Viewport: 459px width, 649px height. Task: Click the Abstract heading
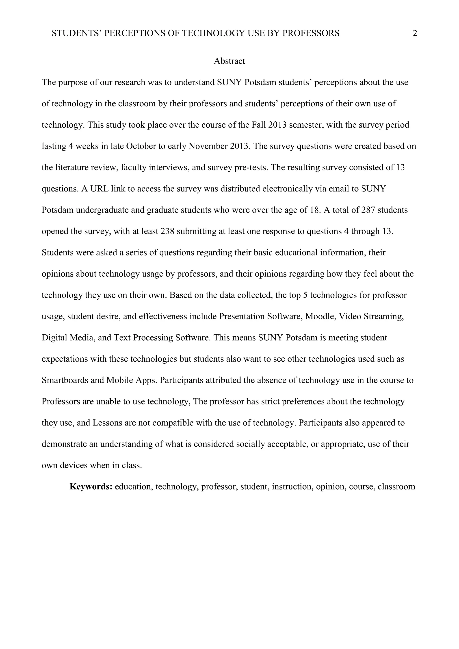(229, 61)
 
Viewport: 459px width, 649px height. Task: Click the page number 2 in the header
(415, 33)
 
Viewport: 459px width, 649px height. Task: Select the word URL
(99, 189)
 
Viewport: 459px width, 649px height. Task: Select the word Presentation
(242, 316)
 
